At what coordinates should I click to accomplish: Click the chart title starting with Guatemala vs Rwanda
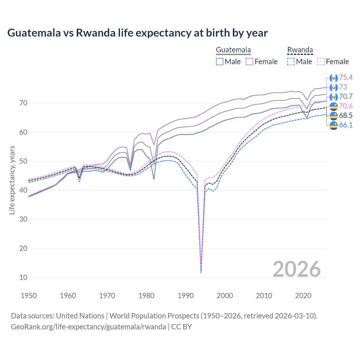tap(137, 33)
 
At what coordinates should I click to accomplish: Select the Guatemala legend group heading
tap(233, 50)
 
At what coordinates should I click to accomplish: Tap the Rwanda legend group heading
tap(300, 50)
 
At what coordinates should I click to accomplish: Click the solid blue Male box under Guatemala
tap(220, 62)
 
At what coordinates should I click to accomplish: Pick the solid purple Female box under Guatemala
tap(249, 62)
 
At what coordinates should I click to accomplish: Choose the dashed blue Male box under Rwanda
tap(291, 62)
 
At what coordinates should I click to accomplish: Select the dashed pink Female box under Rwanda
tap(321, 62)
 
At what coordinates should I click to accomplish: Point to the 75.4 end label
tap(346, 77)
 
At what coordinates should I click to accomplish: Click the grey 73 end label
tap(343, 87)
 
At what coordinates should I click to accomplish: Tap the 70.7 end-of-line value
tap(346, 96)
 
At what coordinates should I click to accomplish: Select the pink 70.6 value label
tap(346, 106)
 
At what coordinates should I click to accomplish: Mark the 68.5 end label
tap(346, 115)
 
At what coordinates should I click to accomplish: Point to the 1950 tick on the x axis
tap(29, 296)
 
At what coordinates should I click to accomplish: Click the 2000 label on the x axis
tap(225, 296)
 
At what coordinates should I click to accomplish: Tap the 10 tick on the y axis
tap(23, 277)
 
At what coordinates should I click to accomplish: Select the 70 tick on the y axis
tap(23, 103)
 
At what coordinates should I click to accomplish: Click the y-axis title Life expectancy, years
tap(12, 180)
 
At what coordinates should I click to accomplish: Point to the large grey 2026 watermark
tap(296, 269)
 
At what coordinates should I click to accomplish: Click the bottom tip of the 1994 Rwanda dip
tap(201, 273)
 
